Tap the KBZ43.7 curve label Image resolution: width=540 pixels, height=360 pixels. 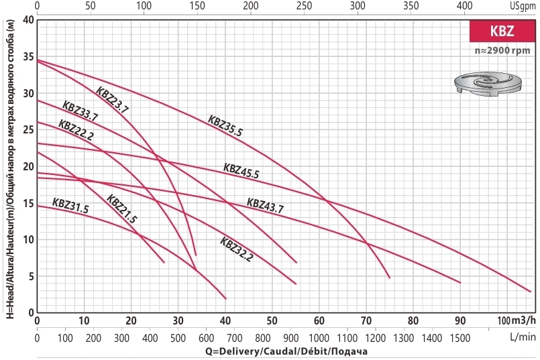pyautogui.click(x=265, y=205)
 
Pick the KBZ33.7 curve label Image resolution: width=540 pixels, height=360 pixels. pyautogui.click(x=80, y=111)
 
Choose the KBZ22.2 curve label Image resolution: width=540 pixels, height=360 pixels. pyautogui.click(x=76, y=129)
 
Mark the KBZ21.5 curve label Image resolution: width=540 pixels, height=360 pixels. pyautogui.click(x=122, y=210)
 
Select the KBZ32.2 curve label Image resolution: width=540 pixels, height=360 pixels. pyautogui.click(x=236, y=249)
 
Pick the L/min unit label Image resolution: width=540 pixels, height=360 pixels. pyautogui.click(x=521, y=336)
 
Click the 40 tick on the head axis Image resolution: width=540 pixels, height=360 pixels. pyautogui.click(x=28, y=19)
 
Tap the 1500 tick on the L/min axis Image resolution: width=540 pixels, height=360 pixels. pyautogui.click(x=461, y=336)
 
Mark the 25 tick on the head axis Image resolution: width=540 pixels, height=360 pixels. pyautogui.click(x=28, y=129)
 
